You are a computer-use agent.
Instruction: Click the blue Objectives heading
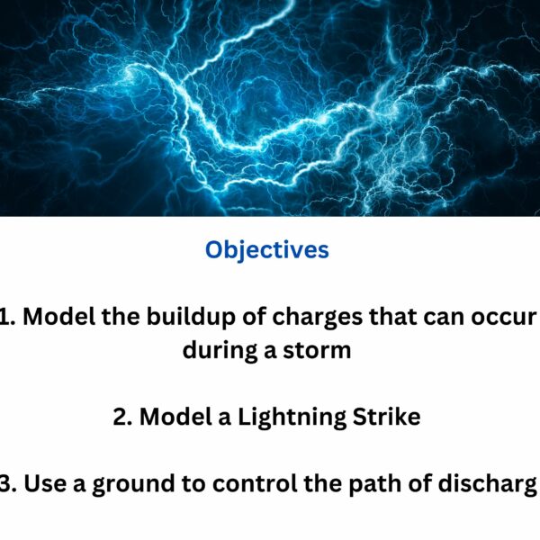pyautogui.click(x=267, y=249)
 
